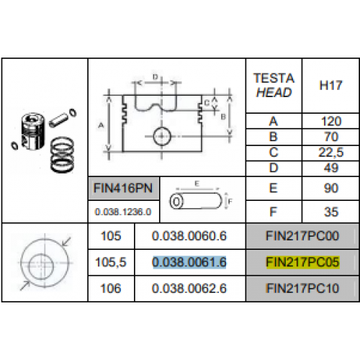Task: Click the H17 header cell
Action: (x=330, y=86)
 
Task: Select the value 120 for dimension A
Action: (x=331, y=121)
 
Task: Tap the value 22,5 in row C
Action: (x=331, y=153)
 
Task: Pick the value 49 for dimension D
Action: (x=331, y=168)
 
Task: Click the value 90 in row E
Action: (x=331, y=188)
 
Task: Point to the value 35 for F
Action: (x=331, y=212)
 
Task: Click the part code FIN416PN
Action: (x=123, y=188)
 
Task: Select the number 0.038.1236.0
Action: (x=123, y=212)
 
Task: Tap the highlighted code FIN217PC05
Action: (x=302, y=262)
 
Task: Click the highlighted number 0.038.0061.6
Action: (x=189, y=262)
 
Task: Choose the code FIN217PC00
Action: (x=302, y=236)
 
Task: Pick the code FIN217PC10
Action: (x=302, y=288)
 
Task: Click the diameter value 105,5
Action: (x=111, y=262)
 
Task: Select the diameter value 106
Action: (x=111, y=288)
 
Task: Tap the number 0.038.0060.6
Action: (x=189, y=236)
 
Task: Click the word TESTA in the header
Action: (x=274, y=78)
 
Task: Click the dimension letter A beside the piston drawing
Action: (x=101, y=125)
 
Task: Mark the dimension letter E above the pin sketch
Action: (x=197, y=184)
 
